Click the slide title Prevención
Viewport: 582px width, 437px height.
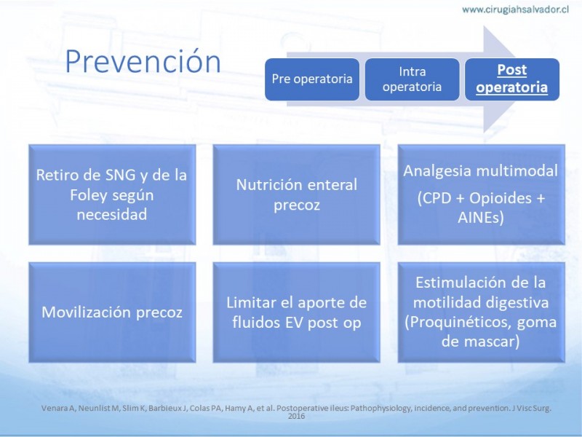click(x=143, y=61)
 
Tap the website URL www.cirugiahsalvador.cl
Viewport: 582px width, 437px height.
click(x=515, y=9)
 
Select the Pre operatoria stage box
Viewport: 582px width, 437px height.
click(x=312, y=79)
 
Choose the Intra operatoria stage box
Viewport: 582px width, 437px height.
click(x=412, y=79)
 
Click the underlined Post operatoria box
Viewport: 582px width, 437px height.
click(x=512, y=79)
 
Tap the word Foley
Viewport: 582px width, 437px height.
click(x=89, y=194)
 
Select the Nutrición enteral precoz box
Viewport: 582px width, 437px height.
click(x=297, y=194)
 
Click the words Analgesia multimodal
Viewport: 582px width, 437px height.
click(x=480, y=171)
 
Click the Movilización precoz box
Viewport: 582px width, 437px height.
click(x=112, y=312)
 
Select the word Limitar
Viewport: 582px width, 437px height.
click(x=250, y=302)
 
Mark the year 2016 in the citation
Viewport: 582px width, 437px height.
click(x=297, y=416)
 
